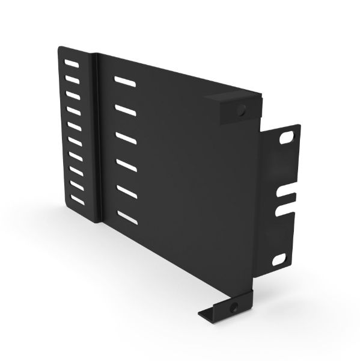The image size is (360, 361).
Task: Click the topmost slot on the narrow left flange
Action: pos(72,64)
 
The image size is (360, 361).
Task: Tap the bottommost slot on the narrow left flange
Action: pos(78,199)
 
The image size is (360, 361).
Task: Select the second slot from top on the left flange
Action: pos(73,79)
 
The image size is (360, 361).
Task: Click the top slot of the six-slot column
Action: pos(124,80)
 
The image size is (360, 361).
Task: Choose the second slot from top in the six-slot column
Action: pos(125,109)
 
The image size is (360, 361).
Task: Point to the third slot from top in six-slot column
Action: pos(126,137)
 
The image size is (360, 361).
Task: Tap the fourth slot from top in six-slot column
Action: pos(126,164)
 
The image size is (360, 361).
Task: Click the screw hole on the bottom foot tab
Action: pos(234,307)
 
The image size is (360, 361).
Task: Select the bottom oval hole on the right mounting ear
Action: pos(279,259)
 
